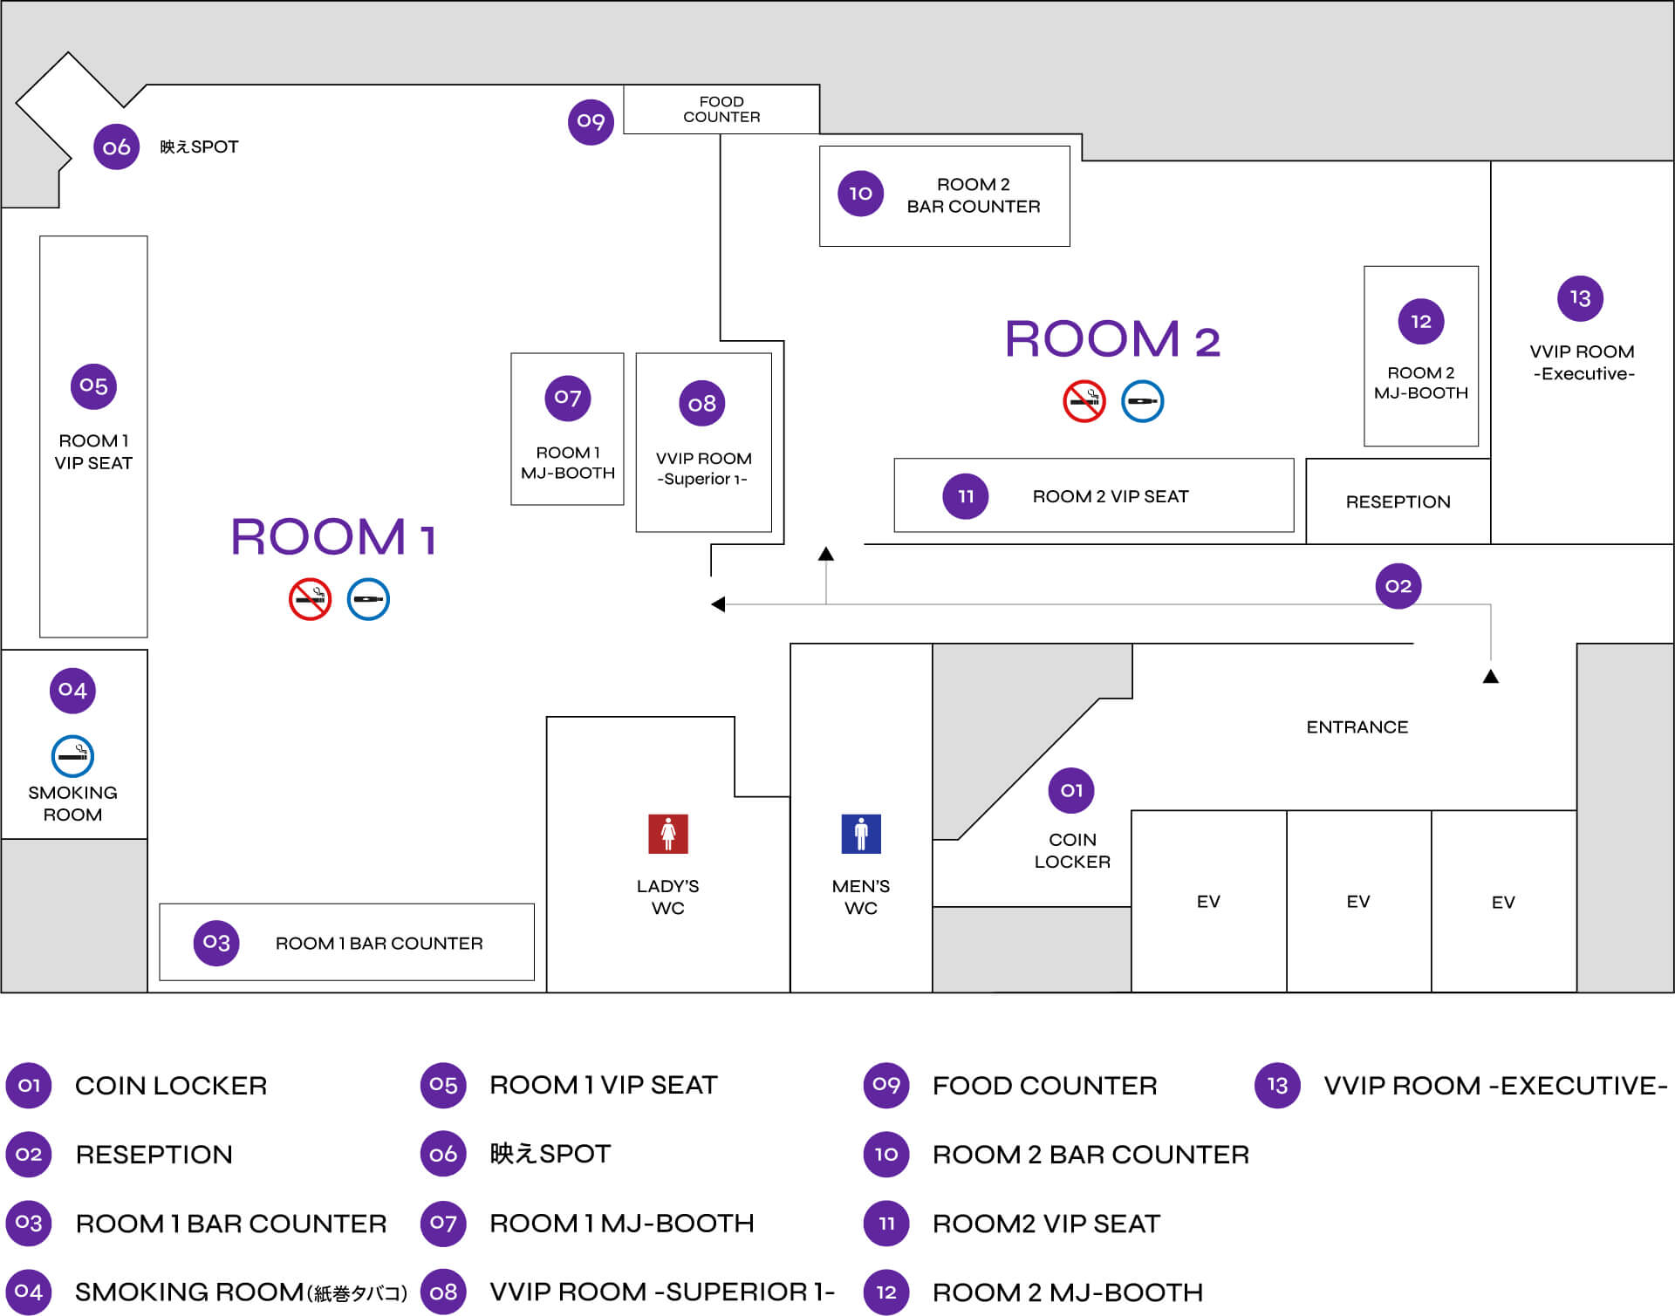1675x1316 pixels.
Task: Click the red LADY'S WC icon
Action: [667, 834]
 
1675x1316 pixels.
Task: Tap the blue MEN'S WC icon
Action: [860, 834]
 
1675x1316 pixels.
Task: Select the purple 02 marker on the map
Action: [1398, 586]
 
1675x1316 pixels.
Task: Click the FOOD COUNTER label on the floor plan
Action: [721, 109]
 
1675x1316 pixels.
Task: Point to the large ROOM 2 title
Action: [1112, 339]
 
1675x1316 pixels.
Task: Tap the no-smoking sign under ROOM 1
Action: [310, 599]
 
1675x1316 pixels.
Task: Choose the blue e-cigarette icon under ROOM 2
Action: [1142, 401]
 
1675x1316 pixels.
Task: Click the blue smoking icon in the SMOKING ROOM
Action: [72, 756]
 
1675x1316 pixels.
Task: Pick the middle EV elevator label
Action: [1357, 902]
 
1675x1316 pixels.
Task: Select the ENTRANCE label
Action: [1357, 727]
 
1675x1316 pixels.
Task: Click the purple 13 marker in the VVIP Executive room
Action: [1580, 298]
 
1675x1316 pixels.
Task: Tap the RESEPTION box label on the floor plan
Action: [1398, 502]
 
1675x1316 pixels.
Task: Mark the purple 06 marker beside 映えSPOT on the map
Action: [116, 147]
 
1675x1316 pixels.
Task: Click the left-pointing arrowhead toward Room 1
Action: [718, 604]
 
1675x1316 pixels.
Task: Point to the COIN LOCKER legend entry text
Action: [171, 1086]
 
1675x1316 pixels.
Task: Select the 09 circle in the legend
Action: [885, 1085]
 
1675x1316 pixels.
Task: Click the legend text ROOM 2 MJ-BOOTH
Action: [1067, 1292]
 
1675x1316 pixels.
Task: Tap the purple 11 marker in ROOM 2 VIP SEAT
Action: [965, 496]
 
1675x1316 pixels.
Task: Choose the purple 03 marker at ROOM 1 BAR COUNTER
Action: [215, 943]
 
